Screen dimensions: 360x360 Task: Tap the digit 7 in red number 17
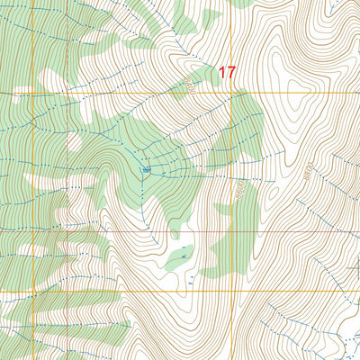(x=230, y=73)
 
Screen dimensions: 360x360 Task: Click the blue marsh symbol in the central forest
(x=146, y=169)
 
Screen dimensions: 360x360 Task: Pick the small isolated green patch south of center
(x=178, y=257)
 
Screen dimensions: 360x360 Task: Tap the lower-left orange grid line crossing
(x=33, y=292)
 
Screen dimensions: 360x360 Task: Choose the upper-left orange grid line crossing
(x=33, y=93)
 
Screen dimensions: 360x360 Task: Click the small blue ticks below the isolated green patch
(x=190, y=286)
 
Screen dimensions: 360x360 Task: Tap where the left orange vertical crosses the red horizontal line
(x=33, y=231)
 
